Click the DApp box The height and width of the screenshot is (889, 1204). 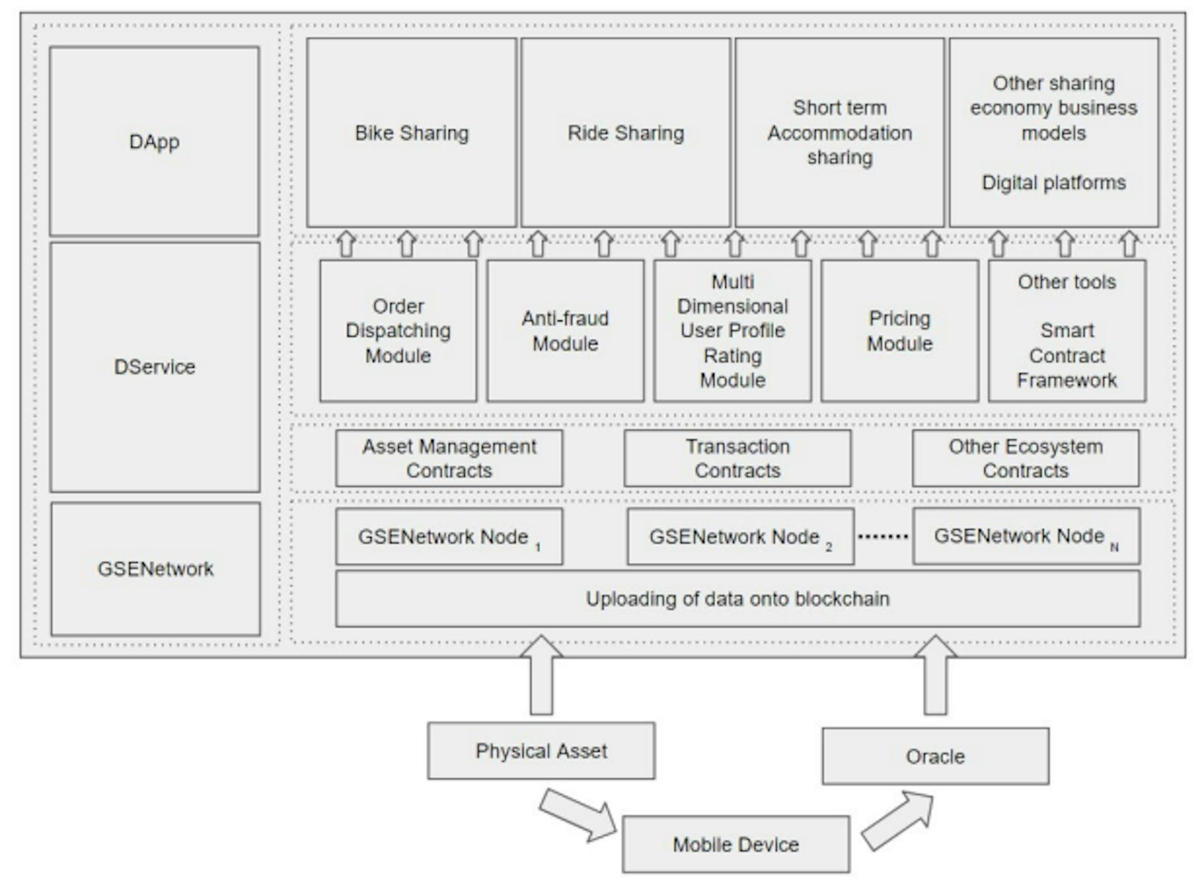[x=154, y=141]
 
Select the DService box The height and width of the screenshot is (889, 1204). [x=154, y=367]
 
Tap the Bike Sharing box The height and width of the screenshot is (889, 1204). [x=411, y=133]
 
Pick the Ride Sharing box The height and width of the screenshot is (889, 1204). [x=625, y=133]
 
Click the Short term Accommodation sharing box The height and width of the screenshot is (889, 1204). [x=840, y=133]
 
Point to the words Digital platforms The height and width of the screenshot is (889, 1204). [x=1053, y=183]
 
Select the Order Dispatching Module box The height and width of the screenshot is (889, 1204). [x=398, y=331]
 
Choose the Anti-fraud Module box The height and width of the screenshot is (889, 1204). [x=565, y=331]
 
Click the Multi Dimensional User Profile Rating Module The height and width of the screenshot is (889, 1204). [x=732, y=331]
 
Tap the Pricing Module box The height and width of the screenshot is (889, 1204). [x=900, y=331]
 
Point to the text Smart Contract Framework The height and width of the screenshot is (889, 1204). [x=1067, y=355]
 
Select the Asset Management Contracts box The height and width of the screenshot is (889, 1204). [x=449, y=458]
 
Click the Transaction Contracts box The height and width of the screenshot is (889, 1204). [x=737, y=458]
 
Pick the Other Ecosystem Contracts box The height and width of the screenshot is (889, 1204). [x=1025, y=458]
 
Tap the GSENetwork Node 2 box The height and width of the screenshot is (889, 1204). [x=740, y=536]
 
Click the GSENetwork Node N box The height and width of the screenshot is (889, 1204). [x=1026, y=536]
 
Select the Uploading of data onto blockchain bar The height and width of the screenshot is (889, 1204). [x=737, y=599]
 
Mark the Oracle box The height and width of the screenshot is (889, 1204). [x=935, y=756]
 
